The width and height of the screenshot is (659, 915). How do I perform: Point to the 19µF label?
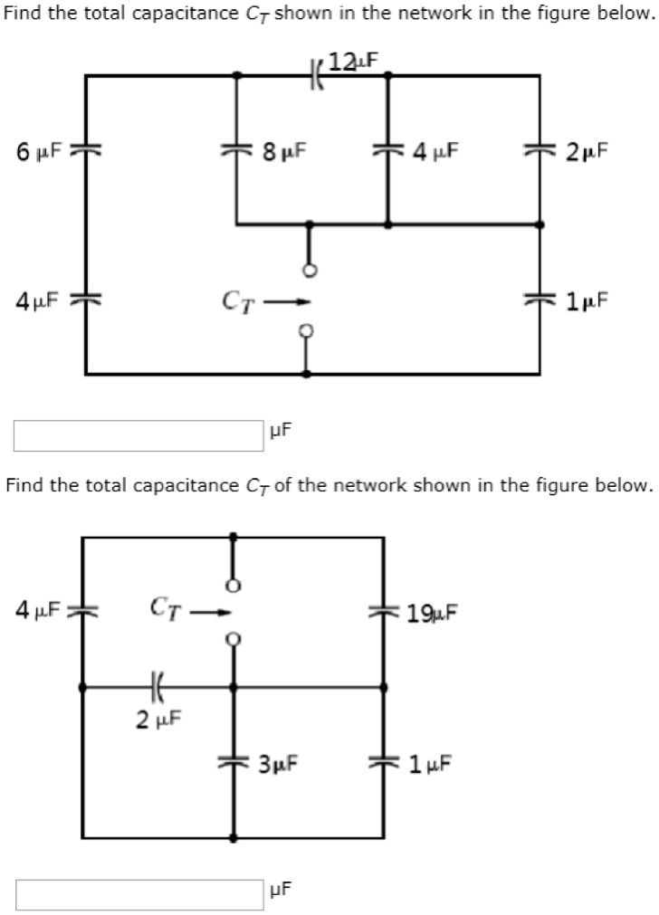(x=433, y=615)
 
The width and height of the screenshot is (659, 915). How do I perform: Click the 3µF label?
(x=278, y=765)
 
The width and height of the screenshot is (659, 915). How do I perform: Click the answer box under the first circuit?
(x=138, y=435)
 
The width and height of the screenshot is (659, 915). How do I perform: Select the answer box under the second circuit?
(x=138, y=895)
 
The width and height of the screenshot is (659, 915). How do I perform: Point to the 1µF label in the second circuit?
(x=430, y=765)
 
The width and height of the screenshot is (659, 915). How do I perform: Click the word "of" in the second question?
(x=278, y=485)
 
